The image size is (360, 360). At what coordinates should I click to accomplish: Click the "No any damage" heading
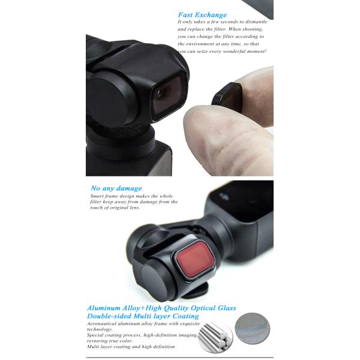click(116, 188)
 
